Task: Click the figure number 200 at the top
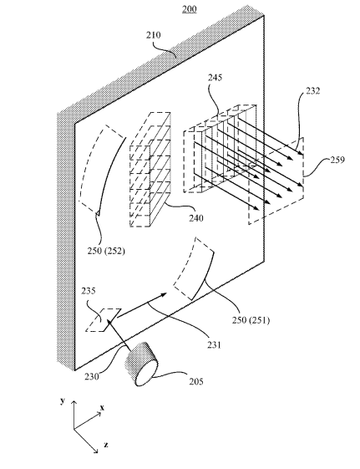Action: (x=190, y=9)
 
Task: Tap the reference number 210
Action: (x=153, y=35)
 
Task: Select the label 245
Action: (x=215, y=78)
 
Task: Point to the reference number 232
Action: (x=312, y=90)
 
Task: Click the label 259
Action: (x=337, y=160)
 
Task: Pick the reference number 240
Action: (x=196, y=218)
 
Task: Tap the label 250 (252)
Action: (x=106, y=251)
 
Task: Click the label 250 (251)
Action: (x=251, y=320)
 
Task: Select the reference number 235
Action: (x=89, y=291)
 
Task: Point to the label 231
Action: (x=214, y=345)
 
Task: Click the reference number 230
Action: (x=91, y=376)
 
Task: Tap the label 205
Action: (x=196, y=381)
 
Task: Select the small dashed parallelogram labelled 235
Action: (x=104, y=319)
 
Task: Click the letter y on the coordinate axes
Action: (x=63, y=400)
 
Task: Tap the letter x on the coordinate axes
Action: (x=102, y=407)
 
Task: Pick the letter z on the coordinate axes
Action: (x=106, y=445)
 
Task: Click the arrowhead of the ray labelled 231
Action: (x=163, y=295)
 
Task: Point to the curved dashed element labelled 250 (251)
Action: (x=194, y=268)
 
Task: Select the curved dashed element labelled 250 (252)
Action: (x=103, y=170)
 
